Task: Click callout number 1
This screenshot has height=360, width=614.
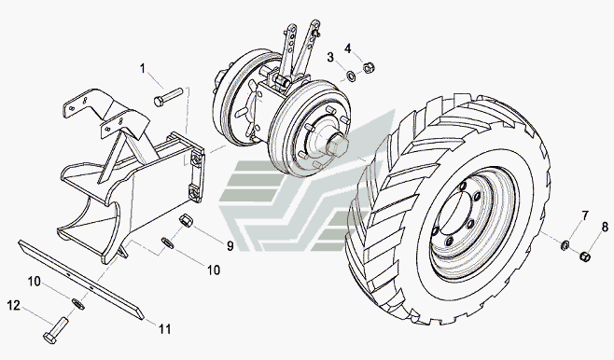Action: (143, 69)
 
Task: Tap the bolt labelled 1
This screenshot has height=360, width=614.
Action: (168, 97)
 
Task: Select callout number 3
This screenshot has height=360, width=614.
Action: (330, 58)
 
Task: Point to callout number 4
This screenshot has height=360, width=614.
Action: (348, 48)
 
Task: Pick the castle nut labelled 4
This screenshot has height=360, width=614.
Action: (369, 68)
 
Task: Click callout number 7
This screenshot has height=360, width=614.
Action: (585, 215)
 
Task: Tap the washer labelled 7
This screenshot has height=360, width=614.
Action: (565, 245)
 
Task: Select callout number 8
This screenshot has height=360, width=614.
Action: (605, 227)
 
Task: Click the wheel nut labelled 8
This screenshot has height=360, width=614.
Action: (585, 256)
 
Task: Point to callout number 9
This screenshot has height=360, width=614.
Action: (230, 245)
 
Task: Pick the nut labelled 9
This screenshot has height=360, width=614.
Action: (185, 219)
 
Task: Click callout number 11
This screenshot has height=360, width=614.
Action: (165, 329)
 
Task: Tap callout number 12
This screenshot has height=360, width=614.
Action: (14, 305)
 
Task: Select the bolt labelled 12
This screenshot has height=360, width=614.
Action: (56, 331)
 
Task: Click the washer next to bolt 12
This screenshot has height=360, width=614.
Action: (78, 304)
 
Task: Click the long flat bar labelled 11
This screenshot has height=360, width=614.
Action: (81, 280)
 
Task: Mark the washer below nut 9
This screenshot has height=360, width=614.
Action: (168, 243)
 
